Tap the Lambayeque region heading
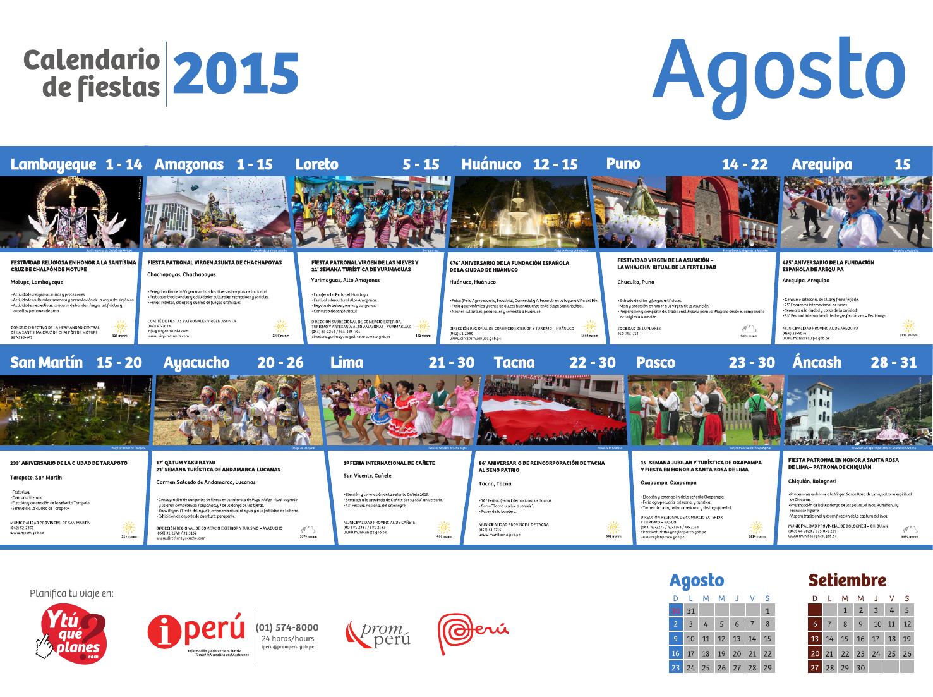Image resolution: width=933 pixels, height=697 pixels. (x=54, y=165)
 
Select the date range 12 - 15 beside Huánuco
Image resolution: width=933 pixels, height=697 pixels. (x=555, y=165)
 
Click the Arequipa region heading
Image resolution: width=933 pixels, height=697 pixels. (x=822, y=165)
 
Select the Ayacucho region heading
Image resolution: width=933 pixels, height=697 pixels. (x=196, y=363)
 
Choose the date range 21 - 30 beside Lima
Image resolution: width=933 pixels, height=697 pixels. (x=451, y=363)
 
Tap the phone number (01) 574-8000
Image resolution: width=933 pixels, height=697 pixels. (x=287, y=627)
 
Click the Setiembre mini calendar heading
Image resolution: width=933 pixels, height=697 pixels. (x=847, y=580)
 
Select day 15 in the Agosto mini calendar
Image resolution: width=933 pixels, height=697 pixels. (x=752, y=639)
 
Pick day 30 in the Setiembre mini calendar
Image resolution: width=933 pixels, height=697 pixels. (x=860, y=668)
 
